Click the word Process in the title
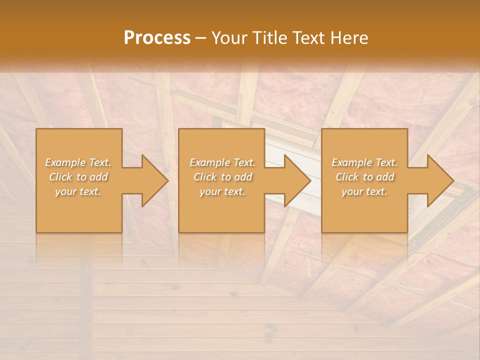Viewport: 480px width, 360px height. coord(157,38)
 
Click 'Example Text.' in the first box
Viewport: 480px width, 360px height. coord(78,162)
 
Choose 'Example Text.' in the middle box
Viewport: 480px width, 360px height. coord(222,162)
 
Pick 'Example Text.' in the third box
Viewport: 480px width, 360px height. coord(364,162)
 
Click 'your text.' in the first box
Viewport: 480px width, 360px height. coord(78,191)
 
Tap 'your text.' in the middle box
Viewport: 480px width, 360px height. coord(222,191)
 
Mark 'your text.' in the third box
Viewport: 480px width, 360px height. coord(364,191)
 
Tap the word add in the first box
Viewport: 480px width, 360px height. coord(98,177)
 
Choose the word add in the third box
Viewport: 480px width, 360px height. coord(385,177)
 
